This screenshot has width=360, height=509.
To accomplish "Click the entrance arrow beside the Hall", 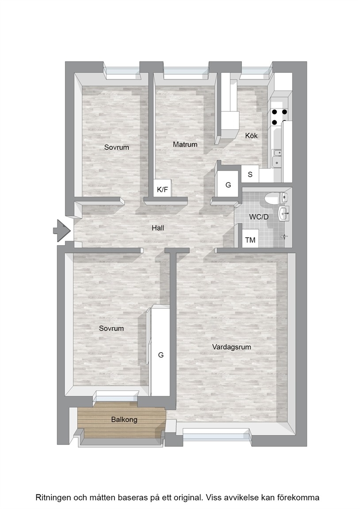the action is click(x=62, y=231).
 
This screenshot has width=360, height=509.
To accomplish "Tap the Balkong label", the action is click(x=124, y=419).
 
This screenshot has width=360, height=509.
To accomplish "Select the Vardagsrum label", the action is click(x=232, y=347).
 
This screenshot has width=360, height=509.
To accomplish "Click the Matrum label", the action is click(x=185, y=144).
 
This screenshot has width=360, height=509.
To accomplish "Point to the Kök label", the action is click(x=251, y=136).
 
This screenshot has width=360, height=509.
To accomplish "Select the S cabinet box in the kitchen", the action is click(x=250, y=174).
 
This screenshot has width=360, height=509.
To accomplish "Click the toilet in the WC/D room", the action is click(x=276, y=198).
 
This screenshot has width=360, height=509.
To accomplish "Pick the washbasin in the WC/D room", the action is click(x=283, y=213).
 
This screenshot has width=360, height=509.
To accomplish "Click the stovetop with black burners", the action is click(x=279, y=117).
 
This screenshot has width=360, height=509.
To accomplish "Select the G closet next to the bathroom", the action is click(x=228, y=184).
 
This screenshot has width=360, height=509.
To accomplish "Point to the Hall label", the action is click(x=158, y=228).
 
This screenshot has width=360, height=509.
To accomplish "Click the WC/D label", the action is click(x=259, y=217).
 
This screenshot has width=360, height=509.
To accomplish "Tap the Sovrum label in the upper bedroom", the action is click(x=117, y=148).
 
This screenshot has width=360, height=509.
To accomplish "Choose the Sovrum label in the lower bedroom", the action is click(x=111, y=329).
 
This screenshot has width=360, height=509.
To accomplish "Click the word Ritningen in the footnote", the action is click(x=53, y=498).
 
